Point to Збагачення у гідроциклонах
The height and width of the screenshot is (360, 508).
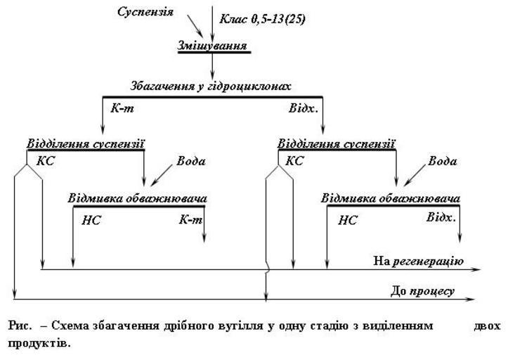pos(211,86)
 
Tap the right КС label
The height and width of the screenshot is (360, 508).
pos(295,160)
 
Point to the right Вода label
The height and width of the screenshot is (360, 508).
pos(441,161)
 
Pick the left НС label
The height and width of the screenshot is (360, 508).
pos(91,220)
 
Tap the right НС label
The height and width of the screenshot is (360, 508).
pos(348,220)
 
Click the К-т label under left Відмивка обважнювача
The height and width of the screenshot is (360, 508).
pos(190,219)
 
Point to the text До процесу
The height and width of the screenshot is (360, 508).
pos(422,290)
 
